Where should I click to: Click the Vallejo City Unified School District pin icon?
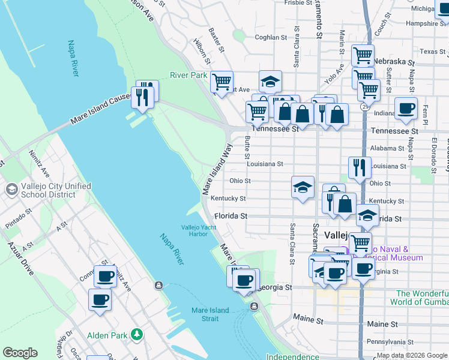pos(11,190)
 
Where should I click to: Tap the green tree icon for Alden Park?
pos(138,334)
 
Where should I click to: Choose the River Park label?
pos(188,75)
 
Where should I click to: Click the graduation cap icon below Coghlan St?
pos(270,81)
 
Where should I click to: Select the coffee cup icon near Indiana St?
pos(406,109)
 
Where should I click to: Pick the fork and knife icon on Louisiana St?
pos(359,168)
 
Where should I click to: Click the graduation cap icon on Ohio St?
pos(303,187)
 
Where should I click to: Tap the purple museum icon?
pos(345,253)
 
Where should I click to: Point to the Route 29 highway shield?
pos(364,106)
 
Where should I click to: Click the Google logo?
pos(20,353)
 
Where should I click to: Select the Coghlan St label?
pos(270,37)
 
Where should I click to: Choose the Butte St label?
pos(247,146)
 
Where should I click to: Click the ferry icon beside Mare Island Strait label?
pos(254,307)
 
